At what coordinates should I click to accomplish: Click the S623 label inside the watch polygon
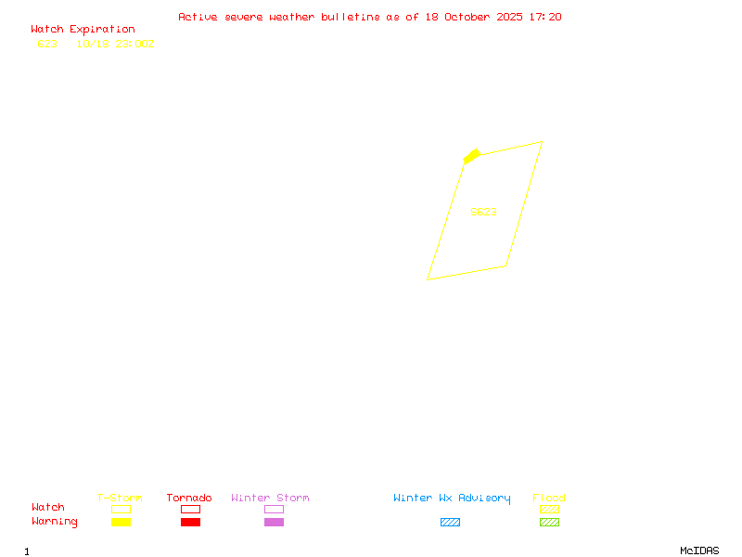(483, 212)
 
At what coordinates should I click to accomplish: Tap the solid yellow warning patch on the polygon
(471, 155)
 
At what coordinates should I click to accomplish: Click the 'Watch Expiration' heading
(83, 30)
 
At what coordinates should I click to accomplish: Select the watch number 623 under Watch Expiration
(47, 44)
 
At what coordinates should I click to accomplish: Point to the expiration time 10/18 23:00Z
(115, 44)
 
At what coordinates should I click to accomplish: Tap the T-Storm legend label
(120, 499)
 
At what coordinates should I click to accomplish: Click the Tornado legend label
(189, 499)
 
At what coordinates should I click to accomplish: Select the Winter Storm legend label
(270, 499)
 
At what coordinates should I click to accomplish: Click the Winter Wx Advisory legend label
(452, 499)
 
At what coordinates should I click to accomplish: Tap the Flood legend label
(549, 499)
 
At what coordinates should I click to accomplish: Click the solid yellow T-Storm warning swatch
(121, 523)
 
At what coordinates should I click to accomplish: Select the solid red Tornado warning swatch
(190, 523)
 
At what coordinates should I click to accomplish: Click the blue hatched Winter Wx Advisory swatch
(450, 523)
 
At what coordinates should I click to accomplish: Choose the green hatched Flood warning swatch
(549, 523)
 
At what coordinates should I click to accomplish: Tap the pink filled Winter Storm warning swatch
(274, 523)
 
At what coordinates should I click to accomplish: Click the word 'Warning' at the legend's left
(55, 522)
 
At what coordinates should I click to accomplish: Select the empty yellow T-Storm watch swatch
(121, 509)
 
